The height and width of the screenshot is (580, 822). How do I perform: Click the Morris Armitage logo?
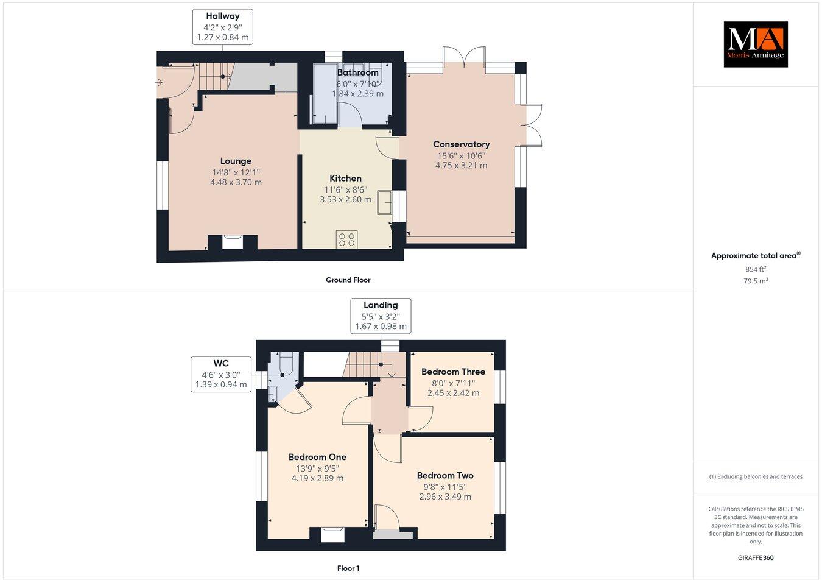pyautogui.click(x=755, y=44)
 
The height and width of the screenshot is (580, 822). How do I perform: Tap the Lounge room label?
pyautogui.click(x=236, y=161)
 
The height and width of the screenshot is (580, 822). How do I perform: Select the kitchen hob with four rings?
pyautogui.click(x=347, y=239)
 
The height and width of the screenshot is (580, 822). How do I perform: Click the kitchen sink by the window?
pyautogui.click(x=385, y=203)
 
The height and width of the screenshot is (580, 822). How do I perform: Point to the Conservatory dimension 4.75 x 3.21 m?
pyautogui.click(x=461, y=165)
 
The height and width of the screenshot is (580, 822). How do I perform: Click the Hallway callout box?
pyautogui.click(x=222, y=27)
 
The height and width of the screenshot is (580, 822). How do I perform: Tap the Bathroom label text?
pyautogui.click(x=357, y=72)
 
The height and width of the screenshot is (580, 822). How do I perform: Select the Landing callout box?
pyautogui.click(x=381, y=316)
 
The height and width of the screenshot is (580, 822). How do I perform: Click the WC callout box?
pyautogui.click(x=221, y=373)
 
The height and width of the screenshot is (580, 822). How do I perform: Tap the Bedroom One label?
pyautogui.click(x=317, y=457)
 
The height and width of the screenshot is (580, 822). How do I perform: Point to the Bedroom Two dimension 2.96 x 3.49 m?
pyautogui.click(x=444, y=497)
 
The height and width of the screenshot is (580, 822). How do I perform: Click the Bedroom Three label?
pyautogui.click(x=453, y=372)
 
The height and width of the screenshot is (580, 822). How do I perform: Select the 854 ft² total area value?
pyautogui.click(x=756, y=269)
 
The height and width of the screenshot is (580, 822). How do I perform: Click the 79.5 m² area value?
pyautogui.click(x=756, y=281)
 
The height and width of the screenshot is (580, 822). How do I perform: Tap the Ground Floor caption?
pyautogui.click(x=348, y=280)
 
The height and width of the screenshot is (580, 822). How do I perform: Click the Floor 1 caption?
pyautogui.click(x=348, y=568)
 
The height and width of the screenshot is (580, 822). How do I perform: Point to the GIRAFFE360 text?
pyautogui.click(x=756, y=557)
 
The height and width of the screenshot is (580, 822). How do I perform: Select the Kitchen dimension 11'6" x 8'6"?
pyautogui.click(x=345, y=189)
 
